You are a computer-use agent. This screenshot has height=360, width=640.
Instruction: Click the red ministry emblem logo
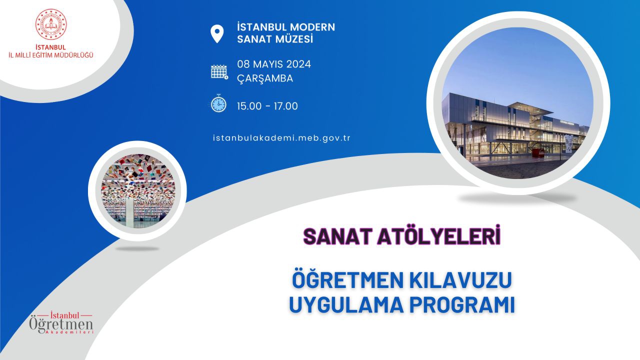coord(51,24)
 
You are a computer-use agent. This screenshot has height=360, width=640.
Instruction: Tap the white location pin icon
coord(217,33)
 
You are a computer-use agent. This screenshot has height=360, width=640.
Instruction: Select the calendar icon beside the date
coord(219,71)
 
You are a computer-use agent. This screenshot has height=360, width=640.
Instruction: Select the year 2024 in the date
coord(298,64)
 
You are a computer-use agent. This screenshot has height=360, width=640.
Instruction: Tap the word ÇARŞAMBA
coord(265,78)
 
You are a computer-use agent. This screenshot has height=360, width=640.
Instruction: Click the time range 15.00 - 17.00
coord(267,106)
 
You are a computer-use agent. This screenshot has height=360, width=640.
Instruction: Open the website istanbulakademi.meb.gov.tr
coord(281,138)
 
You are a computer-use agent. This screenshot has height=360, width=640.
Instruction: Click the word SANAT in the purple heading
coord(337,236)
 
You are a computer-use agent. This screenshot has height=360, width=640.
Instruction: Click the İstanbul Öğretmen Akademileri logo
coord(61,323)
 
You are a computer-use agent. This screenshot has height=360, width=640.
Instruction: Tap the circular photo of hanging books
coord(138,191)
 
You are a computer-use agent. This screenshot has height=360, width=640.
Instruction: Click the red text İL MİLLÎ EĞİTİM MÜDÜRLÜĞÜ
coord(51,55)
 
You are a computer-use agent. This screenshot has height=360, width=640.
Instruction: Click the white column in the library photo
coord(130,213)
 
